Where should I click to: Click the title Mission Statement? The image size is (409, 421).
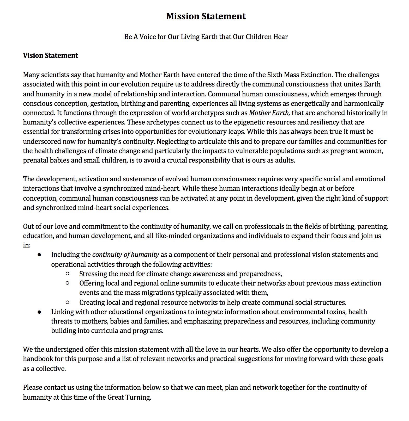(x=206, y=16)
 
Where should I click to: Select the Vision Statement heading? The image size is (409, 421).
(x=50, y=55)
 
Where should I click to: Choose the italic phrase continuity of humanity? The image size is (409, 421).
(x=125, y=255)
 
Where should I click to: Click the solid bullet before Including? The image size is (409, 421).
(x=39, y=255)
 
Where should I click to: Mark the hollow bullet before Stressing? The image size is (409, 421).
(x=67, y=274)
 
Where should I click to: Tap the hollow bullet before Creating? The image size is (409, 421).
(x=67, y=302)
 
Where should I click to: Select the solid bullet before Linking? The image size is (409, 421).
(x=39, y=312)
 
